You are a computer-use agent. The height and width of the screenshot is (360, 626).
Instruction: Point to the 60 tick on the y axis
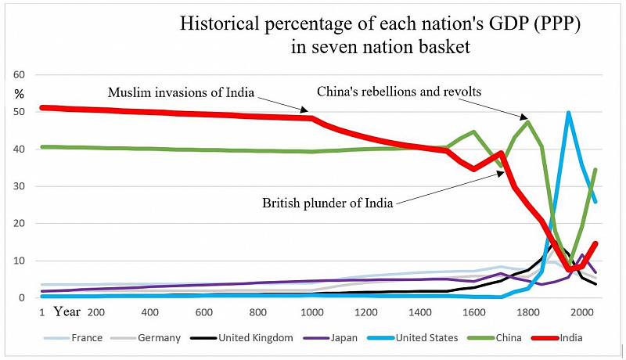point(20,75)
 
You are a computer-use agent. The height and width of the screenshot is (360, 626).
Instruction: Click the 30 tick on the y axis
point(20,186)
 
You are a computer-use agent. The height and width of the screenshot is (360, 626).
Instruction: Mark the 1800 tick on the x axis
point(527,312)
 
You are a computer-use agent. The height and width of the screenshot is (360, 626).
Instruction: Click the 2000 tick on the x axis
point(581,312)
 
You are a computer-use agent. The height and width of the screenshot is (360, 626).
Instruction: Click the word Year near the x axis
point(67,311)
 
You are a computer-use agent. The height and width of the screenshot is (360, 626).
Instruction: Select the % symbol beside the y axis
point(20,94)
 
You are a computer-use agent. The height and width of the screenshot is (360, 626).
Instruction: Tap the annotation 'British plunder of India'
point(326,203)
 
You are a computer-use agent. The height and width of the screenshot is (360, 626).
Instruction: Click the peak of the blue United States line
point(568,113)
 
